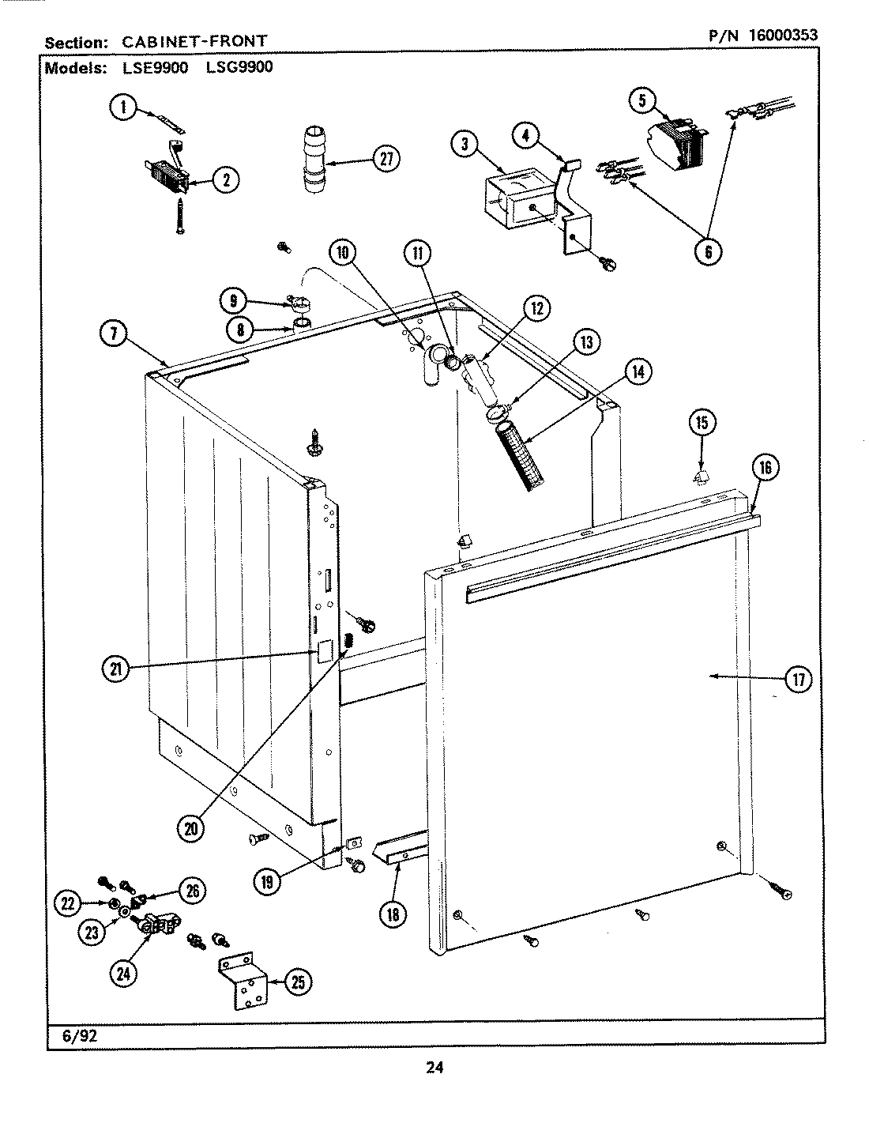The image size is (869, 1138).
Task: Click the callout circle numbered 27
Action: point(385,159)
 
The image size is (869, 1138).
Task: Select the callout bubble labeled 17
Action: point(799,679)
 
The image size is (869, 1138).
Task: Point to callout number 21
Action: point(116,670)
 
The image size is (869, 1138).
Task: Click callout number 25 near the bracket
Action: point(296,982)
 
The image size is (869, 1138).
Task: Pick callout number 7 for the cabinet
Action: point(114,334)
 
